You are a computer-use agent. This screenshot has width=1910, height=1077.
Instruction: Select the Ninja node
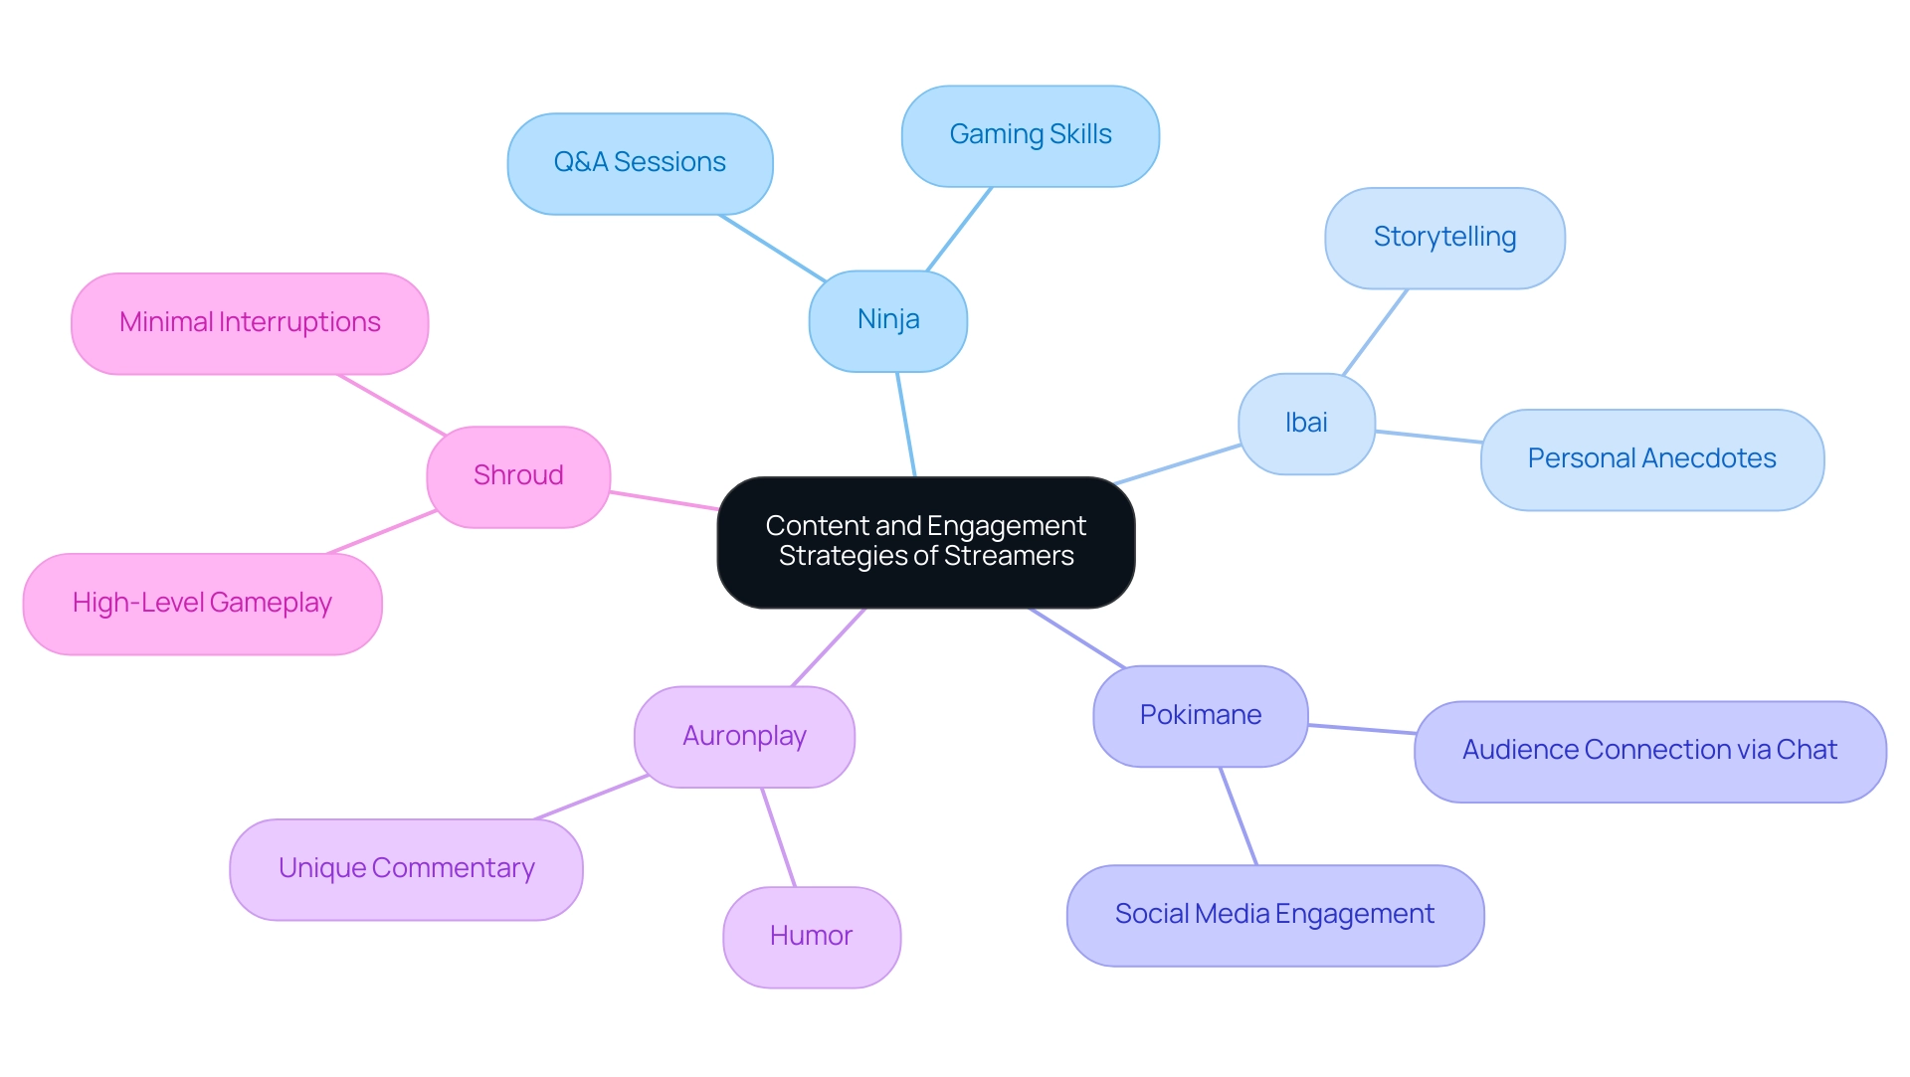click(x=887, y=320)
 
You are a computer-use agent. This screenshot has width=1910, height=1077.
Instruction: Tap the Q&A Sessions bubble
click(x=640, y=163)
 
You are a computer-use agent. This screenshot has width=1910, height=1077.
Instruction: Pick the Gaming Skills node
click(x=1030, y=135)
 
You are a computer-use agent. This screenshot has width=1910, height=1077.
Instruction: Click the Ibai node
click(x=1305, y=424)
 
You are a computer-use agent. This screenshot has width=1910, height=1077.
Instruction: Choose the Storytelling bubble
click(x=1443, y=238)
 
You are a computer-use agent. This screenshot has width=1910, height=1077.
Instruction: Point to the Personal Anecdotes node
click(x=1651, y=459)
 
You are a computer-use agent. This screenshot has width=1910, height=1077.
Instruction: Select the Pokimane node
click(x=1200, y=716)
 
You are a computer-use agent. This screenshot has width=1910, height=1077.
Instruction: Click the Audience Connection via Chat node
click(x=1648, y=751)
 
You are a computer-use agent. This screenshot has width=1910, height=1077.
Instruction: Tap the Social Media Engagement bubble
click(x=1274, y=915)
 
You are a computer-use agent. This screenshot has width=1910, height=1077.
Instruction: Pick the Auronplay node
click(x=744, y=737)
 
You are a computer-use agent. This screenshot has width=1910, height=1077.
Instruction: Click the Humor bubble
click(x=811, y=937)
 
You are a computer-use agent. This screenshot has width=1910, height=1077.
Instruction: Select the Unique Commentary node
click(x=406, y=869)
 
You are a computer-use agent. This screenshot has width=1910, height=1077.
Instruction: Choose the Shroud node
click(x=517, y=476)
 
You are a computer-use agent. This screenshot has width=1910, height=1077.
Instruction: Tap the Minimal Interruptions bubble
click(x=250, y=323)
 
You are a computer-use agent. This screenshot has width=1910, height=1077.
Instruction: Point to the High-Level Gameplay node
click(x=202, y=604)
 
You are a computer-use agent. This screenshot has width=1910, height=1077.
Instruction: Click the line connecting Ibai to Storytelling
click(x=1375, y=332)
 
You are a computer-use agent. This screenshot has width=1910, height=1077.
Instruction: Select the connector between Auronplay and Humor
click(x=778, y=836)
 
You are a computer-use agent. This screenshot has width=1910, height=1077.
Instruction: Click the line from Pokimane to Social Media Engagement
click(x=1239, y=815)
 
